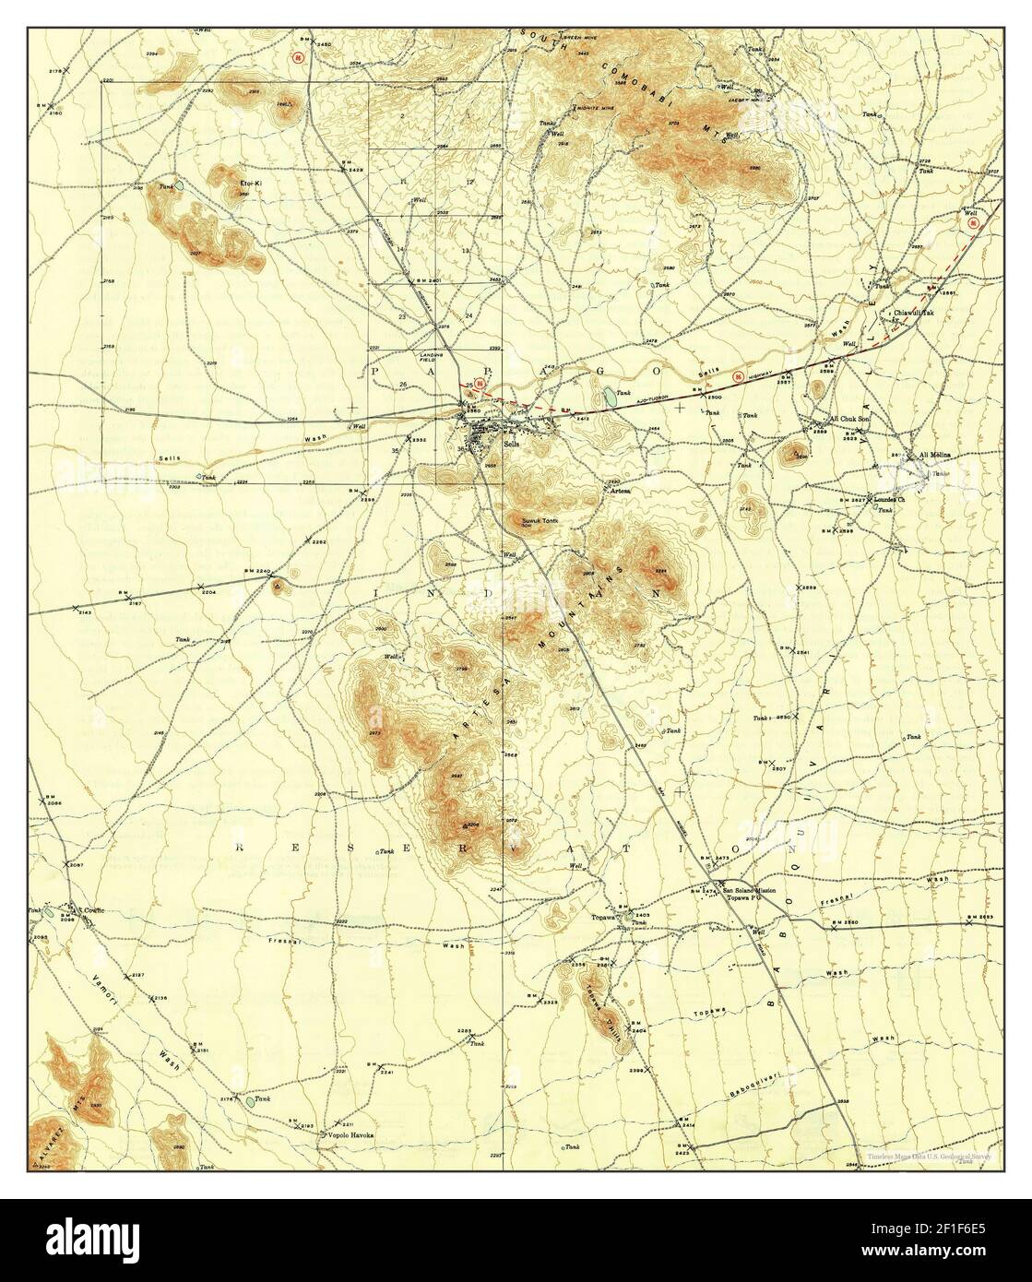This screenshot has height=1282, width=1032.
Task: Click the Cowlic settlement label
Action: coord(96,909)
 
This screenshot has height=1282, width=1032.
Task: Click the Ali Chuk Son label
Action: coord(850,418)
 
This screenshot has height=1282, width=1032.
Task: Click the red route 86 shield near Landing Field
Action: coord(479,385)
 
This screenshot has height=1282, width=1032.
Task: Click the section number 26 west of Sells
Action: coord(404,384)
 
